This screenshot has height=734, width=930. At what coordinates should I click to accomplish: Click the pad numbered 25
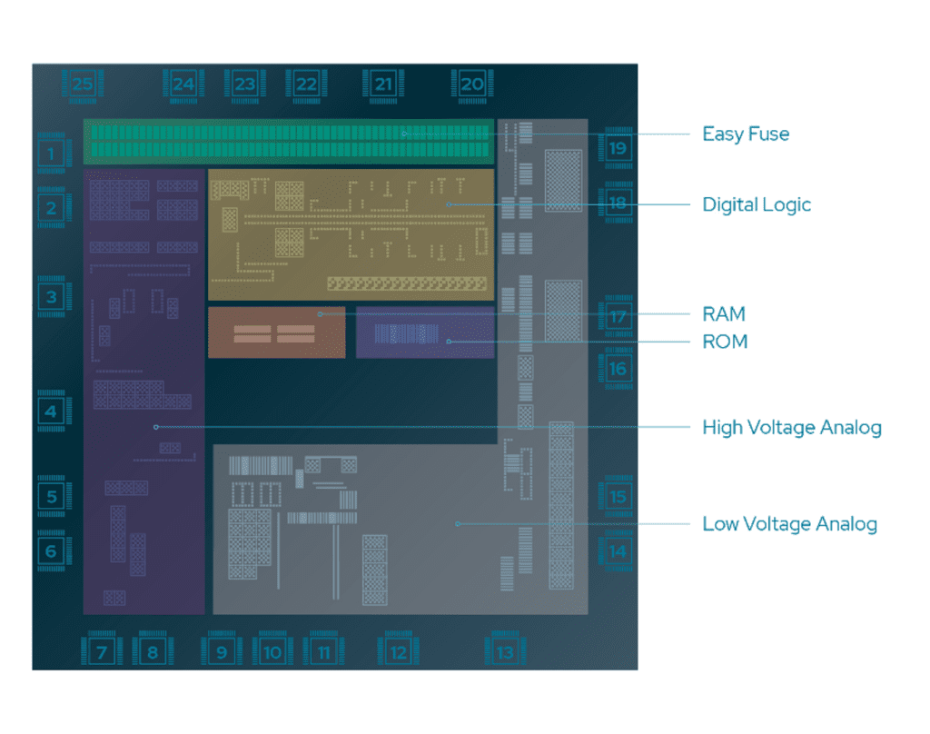point(83,84)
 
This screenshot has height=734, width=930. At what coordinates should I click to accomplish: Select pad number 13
point(504,652)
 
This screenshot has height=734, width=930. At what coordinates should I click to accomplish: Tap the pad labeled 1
point(52,154)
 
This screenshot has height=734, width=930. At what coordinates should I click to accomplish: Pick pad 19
point(618,148)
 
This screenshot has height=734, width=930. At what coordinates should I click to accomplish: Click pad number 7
point(102,651)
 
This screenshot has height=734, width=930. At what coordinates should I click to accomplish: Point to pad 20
point(472,84)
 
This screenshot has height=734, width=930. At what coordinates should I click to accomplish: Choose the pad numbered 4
point(52,412)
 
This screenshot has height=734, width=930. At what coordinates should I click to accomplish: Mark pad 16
point(618,369)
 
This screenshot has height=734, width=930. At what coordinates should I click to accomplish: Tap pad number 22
point(306,84)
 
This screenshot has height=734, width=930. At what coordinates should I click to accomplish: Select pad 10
point(272,651)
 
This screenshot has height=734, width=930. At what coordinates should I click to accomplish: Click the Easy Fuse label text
point(746,134)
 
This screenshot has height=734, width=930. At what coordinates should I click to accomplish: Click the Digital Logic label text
point(757,204)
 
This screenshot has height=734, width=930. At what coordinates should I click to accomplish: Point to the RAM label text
point(724,314)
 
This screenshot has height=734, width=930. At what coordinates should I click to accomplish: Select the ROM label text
point(726,342)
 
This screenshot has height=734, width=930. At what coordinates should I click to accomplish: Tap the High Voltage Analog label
point(792,427)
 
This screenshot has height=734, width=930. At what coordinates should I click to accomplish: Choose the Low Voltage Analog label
point(789,524)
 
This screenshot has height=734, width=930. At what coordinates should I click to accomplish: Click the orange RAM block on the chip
point(276,332)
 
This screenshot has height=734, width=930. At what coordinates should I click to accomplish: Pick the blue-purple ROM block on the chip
point(425,332)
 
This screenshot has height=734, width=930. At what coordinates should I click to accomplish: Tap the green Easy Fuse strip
point(289,142)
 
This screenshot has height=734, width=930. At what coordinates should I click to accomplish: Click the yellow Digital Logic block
point(351,234)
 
